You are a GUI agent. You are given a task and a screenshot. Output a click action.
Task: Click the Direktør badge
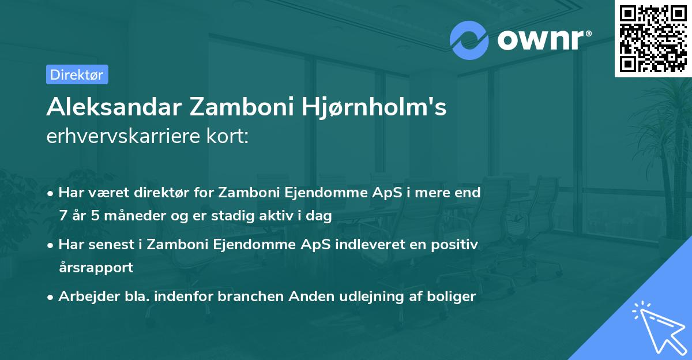[76, 74]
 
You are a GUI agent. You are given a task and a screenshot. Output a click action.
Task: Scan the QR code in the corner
[653, 39]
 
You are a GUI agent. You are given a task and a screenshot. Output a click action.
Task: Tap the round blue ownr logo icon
[469, 40]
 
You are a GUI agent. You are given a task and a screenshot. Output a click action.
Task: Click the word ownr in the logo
[542, 40]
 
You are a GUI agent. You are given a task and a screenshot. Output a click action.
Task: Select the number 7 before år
[62, 216]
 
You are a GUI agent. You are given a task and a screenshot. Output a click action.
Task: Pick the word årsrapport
[96, 268]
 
